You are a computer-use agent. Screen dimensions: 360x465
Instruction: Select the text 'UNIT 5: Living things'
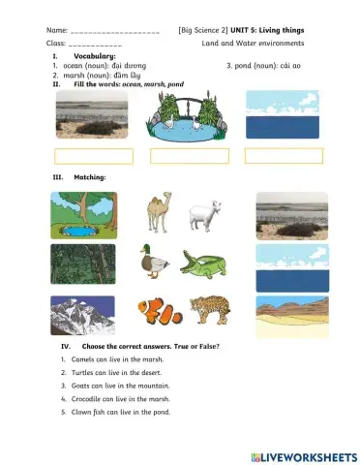276,31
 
